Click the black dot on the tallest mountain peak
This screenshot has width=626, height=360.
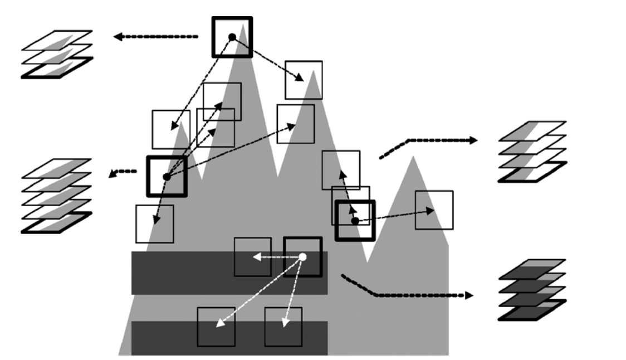coord(232,37)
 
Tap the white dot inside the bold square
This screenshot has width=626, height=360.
coord(303,257)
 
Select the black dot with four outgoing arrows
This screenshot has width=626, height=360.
coord(166,177)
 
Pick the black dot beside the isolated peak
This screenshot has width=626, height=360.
coord(355,221)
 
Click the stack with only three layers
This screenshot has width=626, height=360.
coord(56,54)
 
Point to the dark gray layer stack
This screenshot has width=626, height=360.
coord(532,289)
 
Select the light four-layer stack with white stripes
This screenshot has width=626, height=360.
coord(532,151)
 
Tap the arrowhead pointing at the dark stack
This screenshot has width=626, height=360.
coord(469,295)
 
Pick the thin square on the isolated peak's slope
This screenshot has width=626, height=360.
coord(434,210)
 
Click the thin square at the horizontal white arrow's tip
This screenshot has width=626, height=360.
coord(252,256)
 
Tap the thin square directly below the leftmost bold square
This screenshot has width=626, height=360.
coord(154,223)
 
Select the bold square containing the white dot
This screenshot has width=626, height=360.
coord(302,256)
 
